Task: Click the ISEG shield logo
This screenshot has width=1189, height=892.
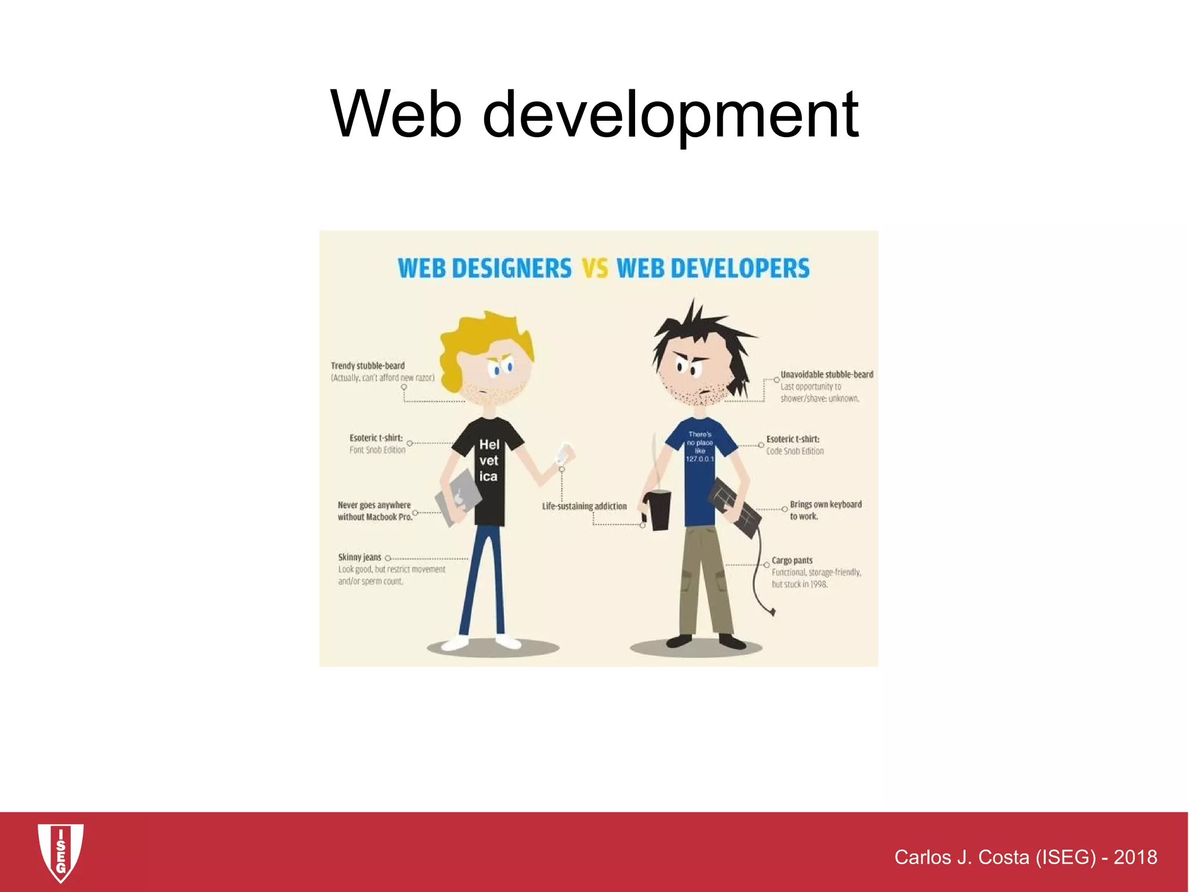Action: pos(60,852)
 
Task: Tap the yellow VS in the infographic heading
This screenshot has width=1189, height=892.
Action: pos(594,269)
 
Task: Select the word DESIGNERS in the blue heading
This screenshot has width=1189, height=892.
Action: pos(511,269)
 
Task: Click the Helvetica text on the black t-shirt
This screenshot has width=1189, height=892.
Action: pos(489,461)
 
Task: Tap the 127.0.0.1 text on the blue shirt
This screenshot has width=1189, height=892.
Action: pos(700,459)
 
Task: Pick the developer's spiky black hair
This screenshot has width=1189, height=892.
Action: pos(697,331)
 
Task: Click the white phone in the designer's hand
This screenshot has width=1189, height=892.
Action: pos(564,452)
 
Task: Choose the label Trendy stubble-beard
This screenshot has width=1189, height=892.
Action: pos(367,366)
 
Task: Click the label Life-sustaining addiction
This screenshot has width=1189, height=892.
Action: pos(584,506)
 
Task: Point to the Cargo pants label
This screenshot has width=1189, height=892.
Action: pos(792,560)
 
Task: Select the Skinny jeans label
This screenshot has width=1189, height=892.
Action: pos(360,557)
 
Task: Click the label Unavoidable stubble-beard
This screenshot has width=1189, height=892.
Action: pos(827,375)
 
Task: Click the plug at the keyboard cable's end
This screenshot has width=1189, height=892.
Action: pos(772,611)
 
